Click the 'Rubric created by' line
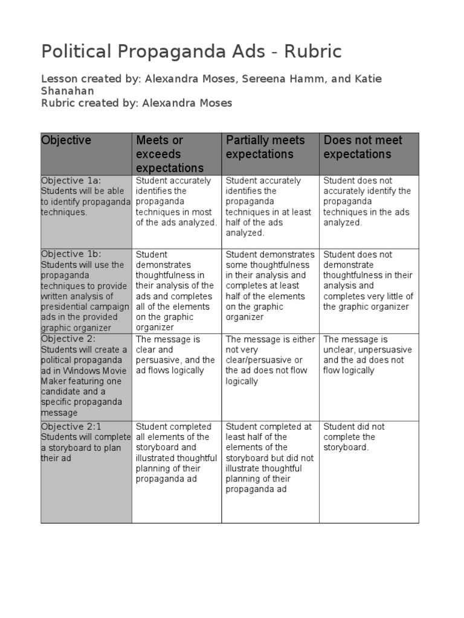[x=137, y=103]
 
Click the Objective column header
[x=66, y=141]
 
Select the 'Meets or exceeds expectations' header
[x=170, y=154]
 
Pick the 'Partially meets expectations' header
[x=265, y=147]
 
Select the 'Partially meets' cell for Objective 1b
[x=270, y=286]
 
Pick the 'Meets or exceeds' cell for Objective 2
[x=175, y=355]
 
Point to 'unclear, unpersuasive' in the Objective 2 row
[x=367, y=349]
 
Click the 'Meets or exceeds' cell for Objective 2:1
[x=176, y=453]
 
